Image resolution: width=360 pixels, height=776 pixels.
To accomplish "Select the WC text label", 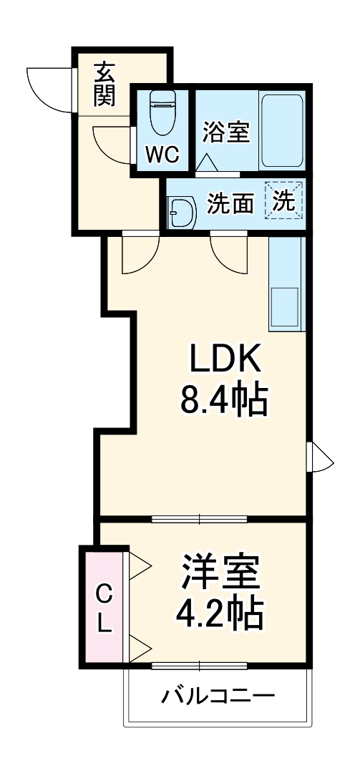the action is coord(162,155).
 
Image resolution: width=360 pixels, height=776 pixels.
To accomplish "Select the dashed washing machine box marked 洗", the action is coord(283,200).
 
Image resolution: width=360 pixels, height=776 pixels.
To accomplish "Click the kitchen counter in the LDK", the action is coord(287,284).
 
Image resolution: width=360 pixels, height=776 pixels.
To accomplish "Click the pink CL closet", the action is coord(104,607).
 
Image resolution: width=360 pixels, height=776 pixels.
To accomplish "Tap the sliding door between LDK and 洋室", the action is coord(199,519).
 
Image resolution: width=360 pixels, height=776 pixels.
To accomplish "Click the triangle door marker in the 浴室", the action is coord(205,162).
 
